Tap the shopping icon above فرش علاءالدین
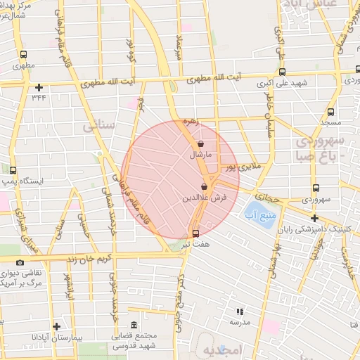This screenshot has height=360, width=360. pos(204,187)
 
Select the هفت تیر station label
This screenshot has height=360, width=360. pos(196,243)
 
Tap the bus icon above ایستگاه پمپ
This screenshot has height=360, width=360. pos(13,170)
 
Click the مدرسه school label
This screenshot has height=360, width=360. pos(240,321)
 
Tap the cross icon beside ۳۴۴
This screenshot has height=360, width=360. pos(39,87)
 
